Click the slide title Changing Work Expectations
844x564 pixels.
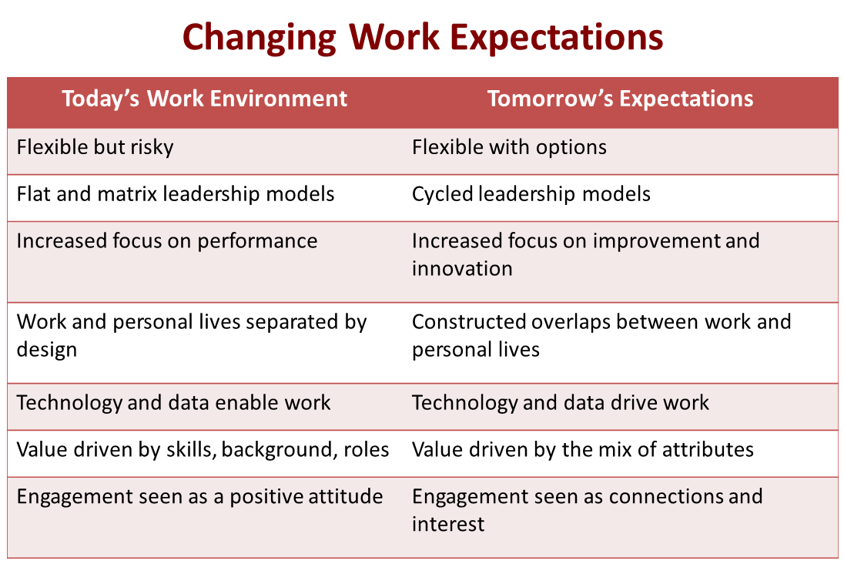click(x=423, y=36)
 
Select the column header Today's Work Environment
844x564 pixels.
click(x=204, y=99)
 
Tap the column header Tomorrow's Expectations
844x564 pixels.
click(x=620, y=99)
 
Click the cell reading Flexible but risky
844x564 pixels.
click(x=95, y=147)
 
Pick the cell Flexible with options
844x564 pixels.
click(x=509, y=147)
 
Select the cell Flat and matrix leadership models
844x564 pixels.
click(x=176, y=193)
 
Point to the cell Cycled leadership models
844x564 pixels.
click(x=531, y=193)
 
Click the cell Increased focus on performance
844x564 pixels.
click(x=167, y=240)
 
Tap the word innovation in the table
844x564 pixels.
click(x=462, y=268)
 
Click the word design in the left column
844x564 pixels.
click(x=47, y=349)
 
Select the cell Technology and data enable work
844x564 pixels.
click(x=173, y=402)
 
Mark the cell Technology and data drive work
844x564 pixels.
click(x=560, y=402)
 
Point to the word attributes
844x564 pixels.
click(x=701, y=449)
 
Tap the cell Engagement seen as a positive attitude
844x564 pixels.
click(x=199, y=496)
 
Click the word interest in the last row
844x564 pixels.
click(x=448, y=524)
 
